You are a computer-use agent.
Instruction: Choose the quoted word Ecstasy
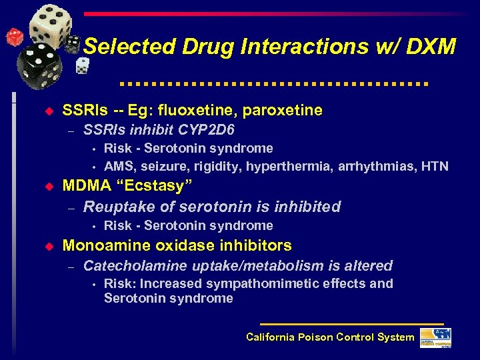coord(153,187)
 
